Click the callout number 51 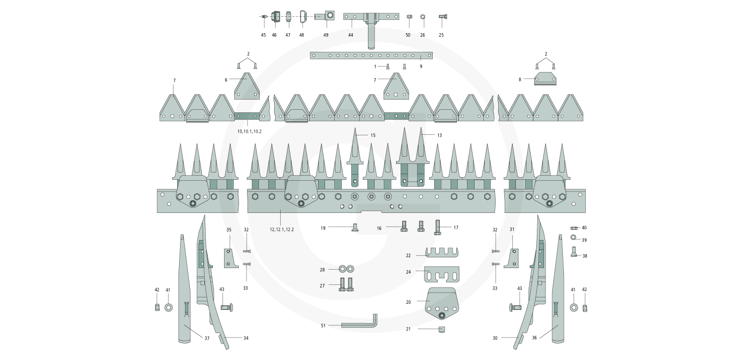[x=323, y=325]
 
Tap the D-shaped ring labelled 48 [x=302, y=17]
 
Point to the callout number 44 [x=351, y=35]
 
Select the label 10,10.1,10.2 [x=249, y=131]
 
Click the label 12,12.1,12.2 [x=282, y=230]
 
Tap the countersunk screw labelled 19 [x=353, y=228]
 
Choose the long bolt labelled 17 [x=438, y=227]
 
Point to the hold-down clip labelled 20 [x=442, y=303]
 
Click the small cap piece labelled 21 [x=442, y=329]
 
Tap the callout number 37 [x=207, y=339]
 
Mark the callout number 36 [x=534, y=338]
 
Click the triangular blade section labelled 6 [x=248, y=87]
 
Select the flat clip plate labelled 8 [x=545, y=80]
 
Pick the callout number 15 [x=373, y=135]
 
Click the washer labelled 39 [x=574, y=238]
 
